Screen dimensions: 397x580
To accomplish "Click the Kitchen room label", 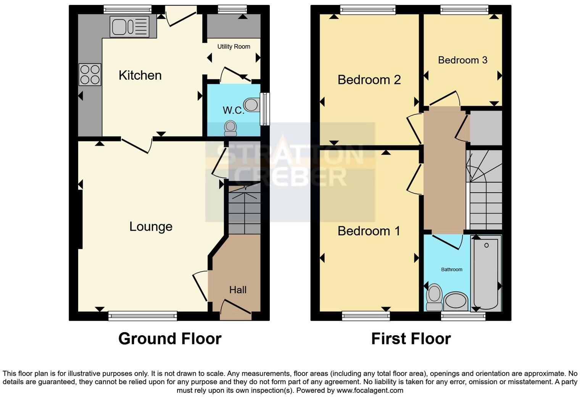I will [x=140, y=75].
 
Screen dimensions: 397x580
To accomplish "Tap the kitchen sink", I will [x=129, y=27].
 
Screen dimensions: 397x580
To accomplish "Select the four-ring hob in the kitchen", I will [x=90, y=74].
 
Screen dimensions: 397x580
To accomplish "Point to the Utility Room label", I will [x=234, y=47].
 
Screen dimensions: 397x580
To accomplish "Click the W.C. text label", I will [x=233, y=110].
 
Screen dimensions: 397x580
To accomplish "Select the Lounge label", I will [x=151, y=227].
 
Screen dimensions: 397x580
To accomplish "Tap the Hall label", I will [x=238, y=290].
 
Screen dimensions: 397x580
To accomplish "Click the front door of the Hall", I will [x=235, y=310].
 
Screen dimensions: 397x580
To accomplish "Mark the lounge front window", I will [x=142, y=315].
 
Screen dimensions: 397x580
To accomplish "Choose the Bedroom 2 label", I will [x=369, y=80].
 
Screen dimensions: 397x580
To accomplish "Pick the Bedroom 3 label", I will [x=462, y=60].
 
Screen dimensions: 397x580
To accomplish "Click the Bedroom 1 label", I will [x=369, y=231].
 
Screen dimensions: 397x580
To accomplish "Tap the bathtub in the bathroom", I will [x=486, y=273].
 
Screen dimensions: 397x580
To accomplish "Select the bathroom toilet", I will [x=434, y=297].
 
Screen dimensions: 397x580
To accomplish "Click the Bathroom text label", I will [x=451, y=270].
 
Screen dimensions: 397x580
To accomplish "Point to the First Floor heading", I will [x=411, y=339].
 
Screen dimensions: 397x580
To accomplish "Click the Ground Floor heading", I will [x=170, y=339].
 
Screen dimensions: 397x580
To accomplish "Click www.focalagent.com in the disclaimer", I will [x=369, y=390].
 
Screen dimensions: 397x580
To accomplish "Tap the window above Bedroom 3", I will [x=464, y=10].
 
